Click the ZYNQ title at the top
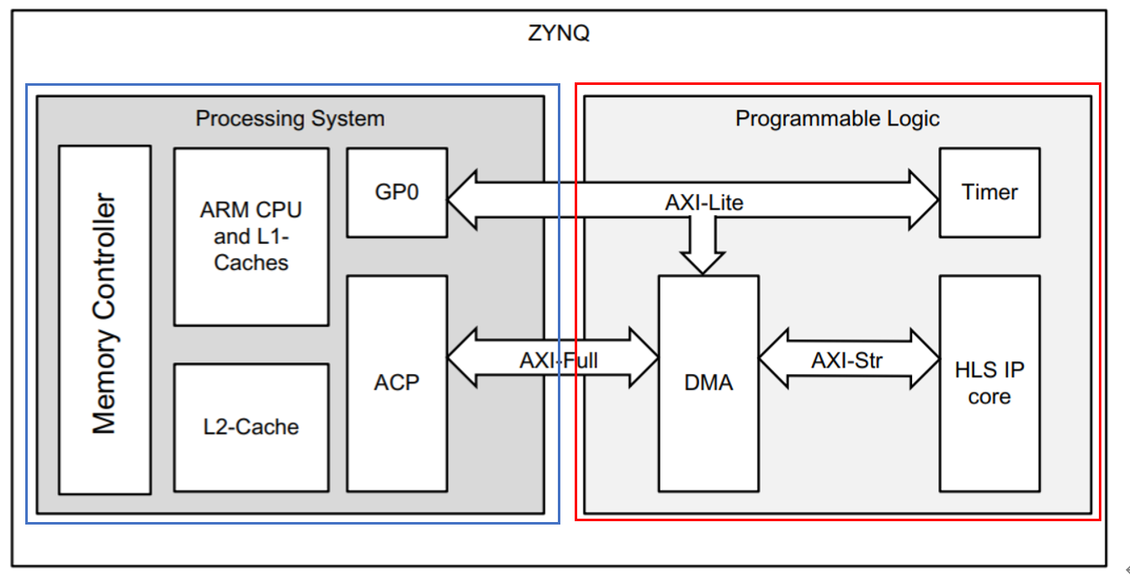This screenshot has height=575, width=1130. (x=560, y=35)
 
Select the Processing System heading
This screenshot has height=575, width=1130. (x=289, y=118)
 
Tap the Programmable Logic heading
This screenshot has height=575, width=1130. (x=836, y=119)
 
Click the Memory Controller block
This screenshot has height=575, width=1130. (x=104, y=319)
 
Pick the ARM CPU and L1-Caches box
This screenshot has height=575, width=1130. (x=251, y=236)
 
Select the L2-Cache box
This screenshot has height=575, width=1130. (x=251, y=427)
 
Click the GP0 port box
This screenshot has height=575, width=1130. (x=396, y=193)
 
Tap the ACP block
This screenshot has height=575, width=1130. (x=396, y=382)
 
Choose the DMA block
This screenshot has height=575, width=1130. (x=708, y=383)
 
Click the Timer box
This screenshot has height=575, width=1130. (x=989, y=193)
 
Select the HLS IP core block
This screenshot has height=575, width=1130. (x=989, y=383)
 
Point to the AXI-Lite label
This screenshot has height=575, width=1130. (x=704, y=203)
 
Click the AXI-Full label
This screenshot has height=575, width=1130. (x=559, y=360)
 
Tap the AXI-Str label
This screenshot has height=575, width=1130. (x=847, y=360)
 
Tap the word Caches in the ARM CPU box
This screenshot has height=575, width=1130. (x=251, y=262)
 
